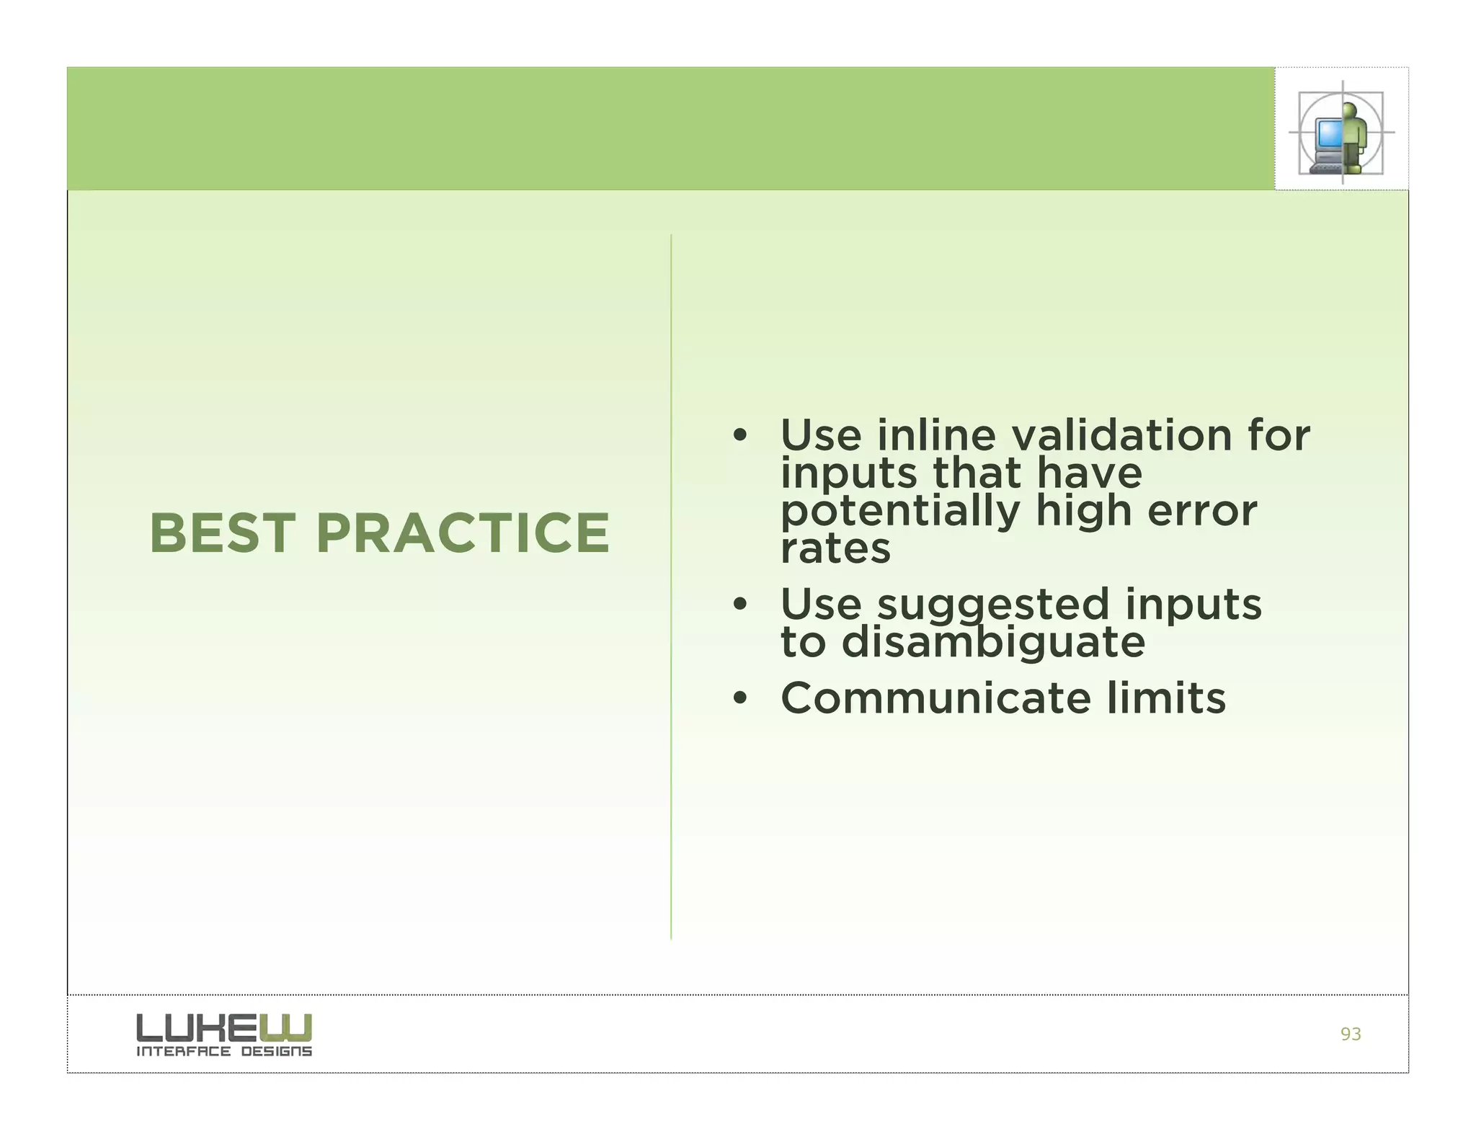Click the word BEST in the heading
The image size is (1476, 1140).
pos(223,533)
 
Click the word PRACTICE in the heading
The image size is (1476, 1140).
pos(463,533)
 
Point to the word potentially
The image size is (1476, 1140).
pos(900,512)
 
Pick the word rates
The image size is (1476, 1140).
pos(835,549)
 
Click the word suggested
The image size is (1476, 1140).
pos(992,605)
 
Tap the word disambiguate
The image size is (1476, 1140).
pos(992,642)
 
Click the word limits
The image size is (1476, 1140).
pos(1166,698)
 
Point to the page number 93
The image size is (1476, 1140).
pos(1350,1034)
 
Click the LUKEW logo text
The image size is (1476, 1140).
pos(223,1028)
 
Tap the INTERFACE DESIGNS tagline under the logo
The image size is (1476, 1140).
pos(224,1051)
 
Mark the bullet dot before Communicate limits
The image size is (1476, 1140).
pos(739,699)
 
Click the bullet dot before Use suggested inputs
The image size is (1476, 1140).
pos(739,605)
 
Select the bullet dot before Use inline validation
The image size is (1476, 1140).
pos(739,436)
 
